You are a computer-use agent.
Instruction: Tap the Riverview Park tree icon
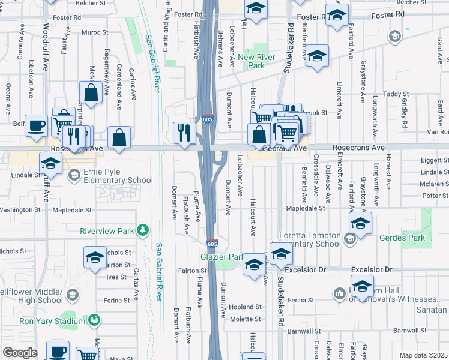(143, 230)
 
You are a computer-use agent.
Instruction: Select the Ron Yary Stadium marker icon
(94, 321)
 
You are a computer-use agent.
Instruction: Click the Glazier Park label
(221, 257)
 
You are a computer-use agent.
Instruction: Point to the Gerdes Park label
(404, 238)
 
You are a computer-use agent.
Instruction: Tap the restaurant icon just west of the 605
(184, 132)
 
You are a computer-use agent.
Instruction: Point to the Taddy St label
(396, 94)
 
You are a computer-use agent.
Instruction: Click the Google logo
(20, 353)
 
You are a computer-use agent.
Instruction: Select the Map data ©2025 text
(423, 355)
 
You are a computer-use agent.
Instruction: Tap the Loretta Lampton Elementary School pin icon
(349, 240)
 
